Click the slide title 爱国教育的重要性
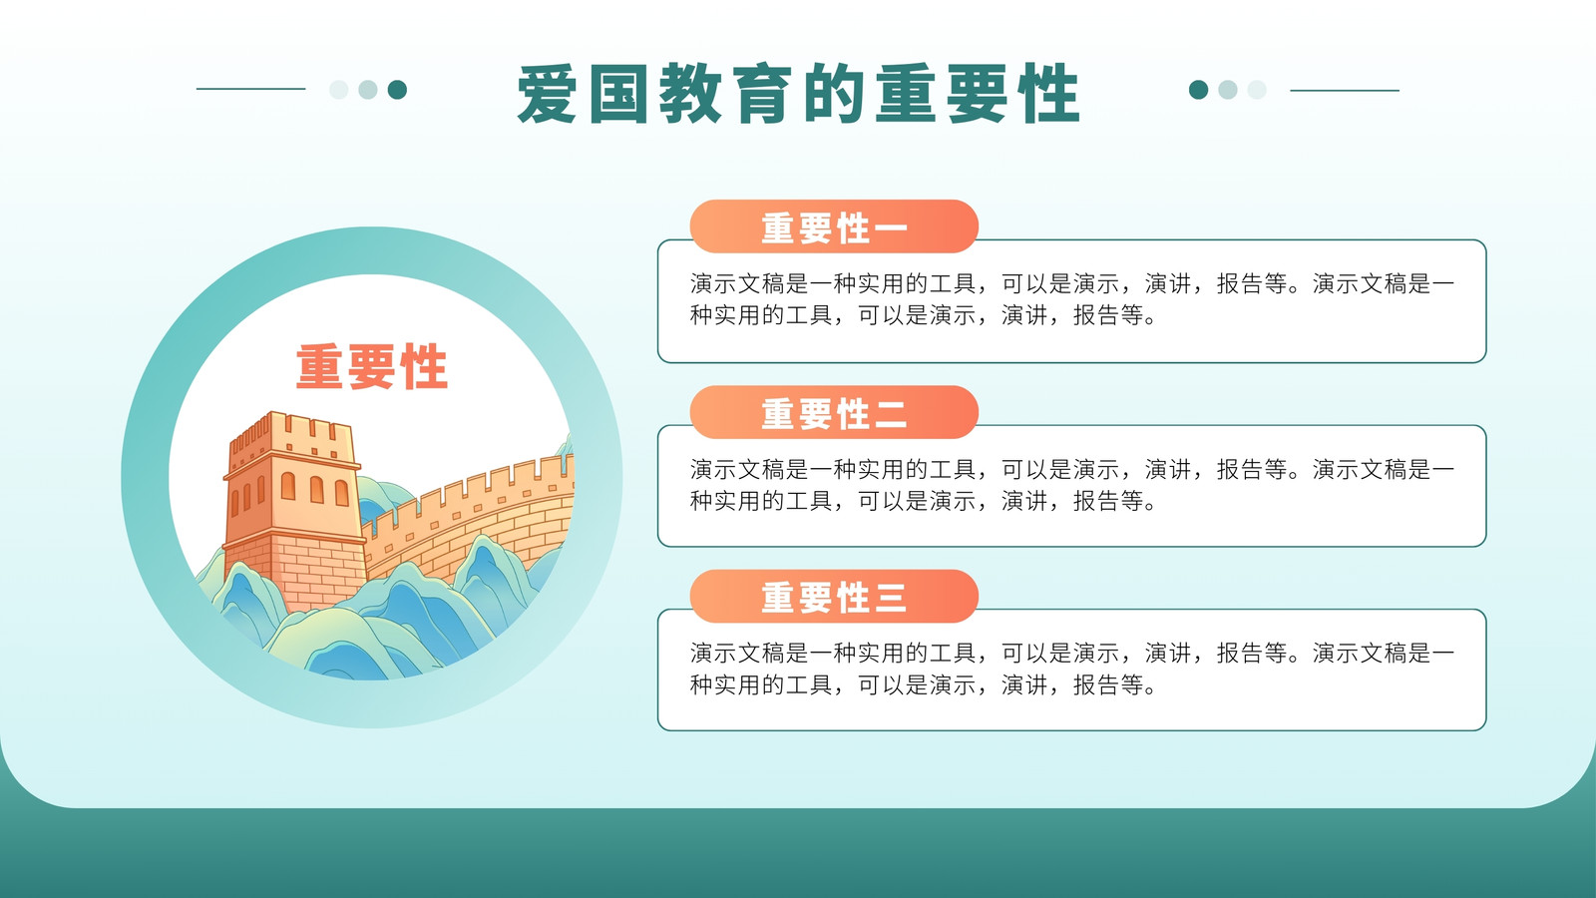point(798,94)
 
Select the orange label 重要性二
point(834,413)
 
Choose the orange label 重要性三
point(834,597)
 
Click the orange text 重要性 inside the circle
point(372,366)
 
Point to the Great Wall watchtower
point(293,510)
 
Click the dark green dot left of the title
point(397,90)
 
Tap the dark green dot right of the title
point(1198,90)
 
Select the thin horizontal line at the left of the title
point(250,89)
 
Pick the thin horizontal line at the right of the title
point(1345,91)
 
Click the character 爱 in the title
point(548,94)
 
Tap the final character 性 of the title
point(1048,94)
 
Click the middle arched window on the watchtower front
point(317,489)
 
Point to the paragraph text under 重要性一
point(1071,299)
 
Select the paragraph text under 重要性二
point(1071,485)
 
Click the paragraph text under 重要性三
point(1071,669)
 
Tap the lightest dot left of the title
point(338,90)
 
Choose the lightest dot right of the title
point(1257,90)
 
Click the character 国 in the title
point(618,94)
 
